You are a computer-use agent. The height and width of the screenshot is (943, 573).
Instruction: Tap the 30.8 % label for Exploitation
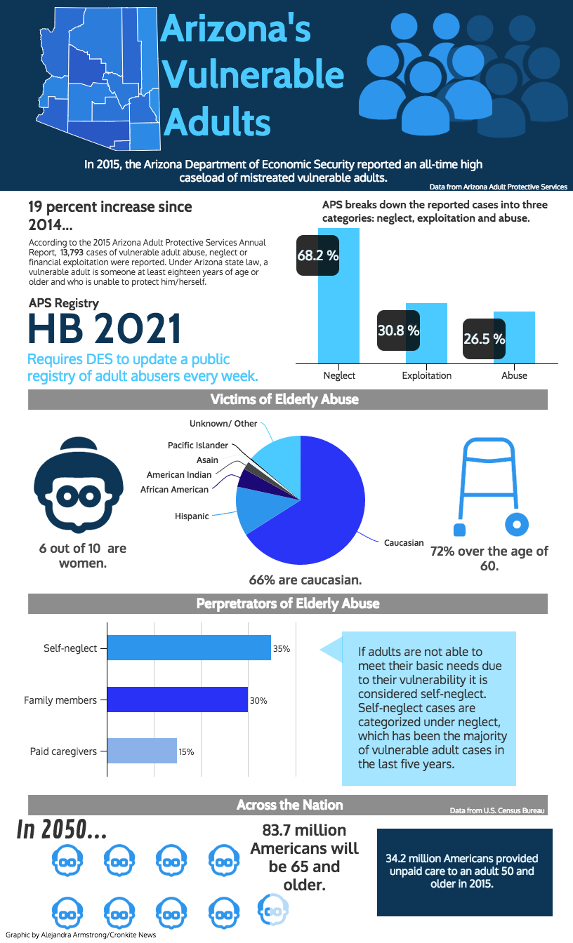click(x=398, y=330)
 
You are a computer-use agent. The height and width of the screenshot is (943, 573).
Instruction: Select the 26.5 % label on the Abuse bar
click(x=484, y=339)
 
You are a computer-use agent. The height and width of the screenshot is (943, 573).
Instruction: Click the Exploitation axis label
click(x=426, y=375)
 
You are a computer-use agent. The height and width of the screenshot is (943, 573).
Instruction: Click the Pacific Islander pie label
click(x=198, y=446)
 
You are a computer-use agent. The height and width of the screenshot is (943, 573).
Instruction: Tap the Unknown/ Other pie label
click(x=223, y=424)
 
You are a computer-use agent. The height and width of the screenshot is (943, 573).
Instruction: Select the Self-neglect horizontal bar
click(x=188, y=648)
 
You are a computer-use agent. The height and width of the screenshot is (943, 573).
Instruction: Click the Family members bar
click(x=177, y=700)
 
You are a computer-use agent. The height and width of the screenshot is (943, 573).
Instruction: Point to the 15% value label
click(x=186, y=751)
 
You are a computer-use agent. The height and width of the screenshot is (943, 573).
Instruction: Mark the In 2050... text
click(x=62, y=829)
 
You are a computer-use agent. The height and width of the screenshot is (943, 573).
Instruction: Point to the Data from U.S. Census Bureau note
click(x=497, y=810)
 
